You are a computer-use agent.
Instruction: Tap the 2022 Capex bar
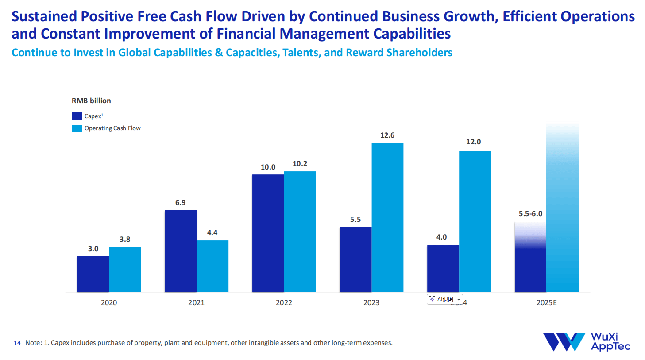[268, 233]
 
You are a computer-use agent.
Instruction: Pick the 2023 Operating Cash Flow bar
[387, 217]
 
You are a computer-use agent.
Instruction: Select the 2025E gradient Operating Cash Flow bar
[562, 208]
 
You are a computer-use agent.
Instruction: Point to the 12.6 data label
[387, 135]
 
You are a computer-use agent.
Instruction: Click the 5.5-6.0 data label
[530, 213]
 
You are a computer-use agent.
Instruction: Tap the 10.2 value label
[300, 163]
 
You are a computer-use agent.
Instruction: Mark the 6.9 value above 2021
[180, 202]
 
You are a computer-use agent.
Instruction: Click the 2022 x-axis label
[284, 302]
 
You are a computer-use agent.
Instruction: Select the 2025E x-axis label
[546, 302]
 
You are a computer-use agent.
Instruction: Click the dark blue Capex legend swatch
[77, 116]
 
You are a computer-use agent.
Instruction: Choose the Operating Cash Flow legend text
[112, 128]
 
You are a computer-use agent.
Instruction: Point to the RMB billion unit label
[91, 101]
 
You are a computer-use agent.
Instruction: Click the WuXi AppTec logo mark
[564, 342]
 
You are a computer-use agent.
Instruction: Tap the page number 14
[17, 343]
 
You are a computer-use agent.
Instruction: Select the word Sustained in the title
[44, 16]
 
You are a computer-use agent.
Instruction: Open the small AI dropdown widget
[458, 299]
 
